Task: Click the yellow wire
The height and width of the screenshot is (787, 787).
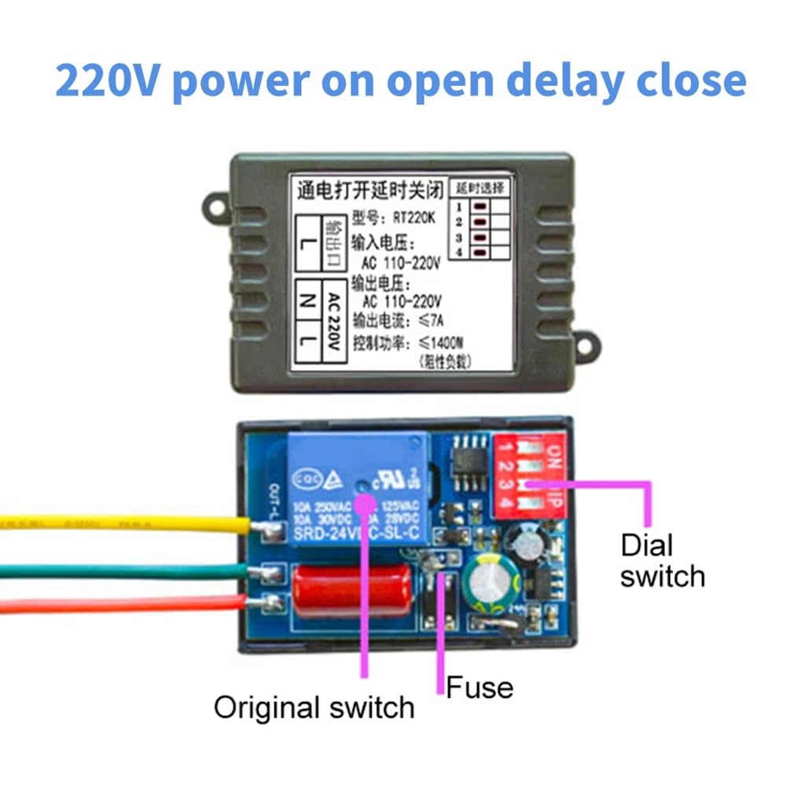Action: point(118,521)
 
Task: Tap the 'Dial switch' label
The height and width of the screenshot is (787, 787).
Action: point(662,560)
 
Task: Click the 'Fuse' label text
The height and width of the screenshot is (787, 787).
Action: point(480,688)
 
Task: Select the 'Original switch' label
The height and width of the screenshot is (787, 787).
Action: point(314,707)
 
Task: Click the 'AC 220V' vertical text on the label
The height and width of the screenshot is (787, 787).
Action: point(333,323)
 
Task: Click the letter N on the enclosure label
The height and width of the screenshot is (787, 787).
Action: point(308,300)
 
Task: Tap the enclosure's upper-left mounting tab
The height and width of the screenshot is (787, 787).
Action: point(213,207)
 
